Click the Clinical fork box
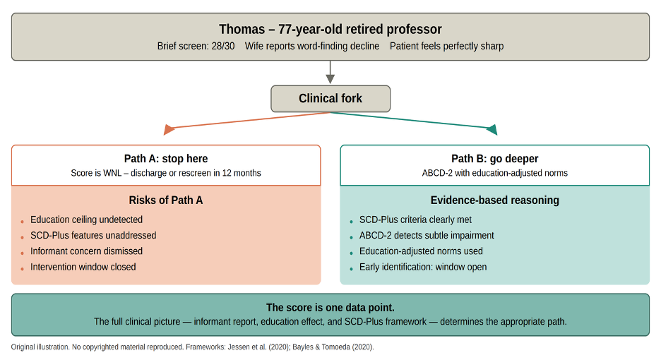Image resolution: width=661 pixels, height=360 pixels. [x=330, y=99]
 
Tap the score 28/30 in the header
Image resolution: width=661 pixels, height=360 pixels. [x=223, y=46]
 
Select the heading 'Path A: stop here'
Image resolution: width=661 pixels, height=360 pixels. [x=166, y=159]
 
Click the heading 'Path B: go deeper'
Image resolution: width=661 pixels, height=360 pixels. [x=494, y=159]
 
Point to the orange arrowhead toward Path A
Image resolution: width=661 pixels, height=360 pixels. [x=169, y=129]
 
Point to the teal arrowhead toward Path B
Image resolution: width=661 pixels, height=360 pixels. [x=492, y=129]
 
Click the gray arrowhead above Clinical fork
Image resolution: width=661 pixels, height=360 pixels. [x=330, y=79]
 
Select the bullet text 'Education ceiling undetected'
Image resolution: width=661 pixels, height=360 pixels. [x=86, y=220]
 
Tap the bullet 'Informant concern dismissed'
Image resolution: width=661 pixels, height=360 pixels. [x=86, y=251]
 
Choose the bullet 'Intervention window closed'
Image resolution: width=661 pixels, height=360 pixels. [x=83, y=267]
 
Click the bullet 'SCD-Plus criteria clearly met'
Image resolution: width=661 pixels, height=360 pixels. [x=415, y=220]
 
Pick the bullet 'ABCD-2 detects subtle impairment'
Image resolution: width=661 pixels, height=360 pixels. [x=427, y=235]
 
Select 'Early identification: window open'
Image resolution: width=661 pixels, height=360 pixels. [x=423, y=267]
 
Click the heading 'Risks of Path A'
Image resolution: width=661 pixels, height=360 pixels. [x=166, y=200]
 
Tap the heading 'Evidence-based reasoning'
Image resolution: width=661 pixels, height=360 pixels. [x=494, y=200]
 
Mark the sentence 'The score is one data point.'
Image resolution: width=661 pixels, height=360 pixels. [x=330, y=307]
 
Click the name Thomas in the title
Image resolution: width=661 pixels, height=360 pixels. [x=242, y=29]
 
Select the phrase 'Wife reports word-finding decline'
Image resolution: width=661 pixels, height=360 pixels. [x=312, y=46]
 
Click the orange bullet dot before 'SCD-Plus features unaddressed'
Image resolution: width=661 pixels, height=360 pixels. [x=22, y=237]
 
